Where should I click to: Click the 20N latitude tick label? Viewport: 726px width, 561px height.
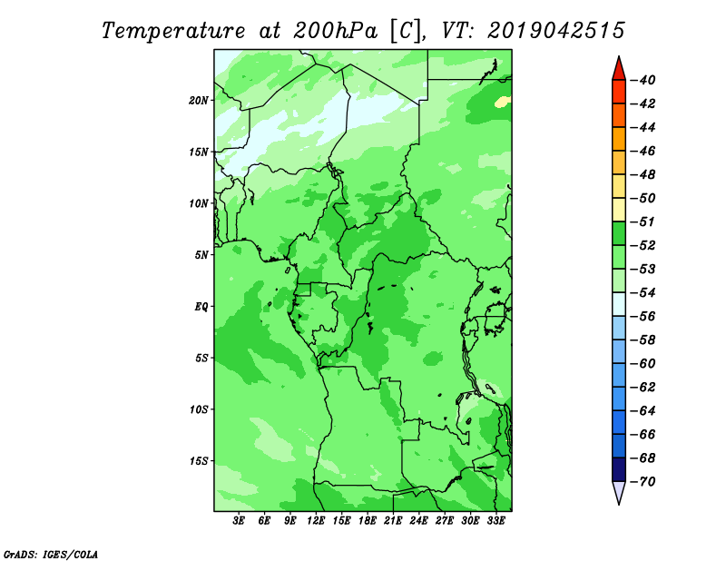pos(199,101)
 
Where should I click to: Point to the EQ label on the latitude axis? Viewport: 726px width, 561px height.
pos(201,307)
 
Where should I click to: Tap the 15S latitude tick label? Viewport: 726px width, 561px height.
pos(199,461)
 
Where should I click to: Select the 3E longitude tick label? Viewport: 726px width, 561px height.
pos(239,520)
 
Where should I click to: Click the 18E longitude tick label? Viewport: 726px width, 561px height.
pos(368,520)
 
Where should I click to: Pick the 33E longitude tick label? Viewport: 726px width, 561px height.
pos(495,520)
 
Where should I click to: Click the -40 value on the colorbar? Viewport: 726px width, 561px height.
pos(643,80)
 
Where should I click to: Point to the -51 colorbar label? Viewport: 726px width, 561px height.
pos(643,221)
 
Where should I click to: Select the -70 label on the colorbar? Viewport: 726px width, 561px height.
pos(643,482)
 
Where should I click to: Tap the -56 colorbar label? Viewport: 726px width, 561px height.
pos(643,317)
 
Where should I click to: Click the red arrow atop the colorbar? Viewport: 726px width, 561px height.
pos(619,69)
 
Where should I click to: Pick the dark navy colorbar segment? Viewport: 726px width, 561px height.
pos(619,469)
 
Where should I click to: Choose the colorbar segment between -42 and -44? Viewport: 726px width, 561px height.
pos(619,115)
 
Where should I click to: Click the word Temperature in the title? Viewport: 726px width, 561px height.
pos(173,31)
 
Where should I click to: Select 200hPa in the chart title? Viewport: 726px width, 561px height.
pos(335,31)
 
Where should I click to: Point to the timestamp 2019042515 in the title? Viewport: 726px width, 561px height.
pos(556,31)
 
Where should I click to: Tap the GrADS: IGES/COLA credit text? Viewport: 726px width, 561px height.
pos(51,554)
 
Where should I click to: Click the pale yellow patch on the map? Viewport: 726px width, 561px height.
pos(502,102)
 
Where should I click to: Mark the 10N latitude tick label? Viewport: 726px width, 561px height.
pos(199,203)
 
